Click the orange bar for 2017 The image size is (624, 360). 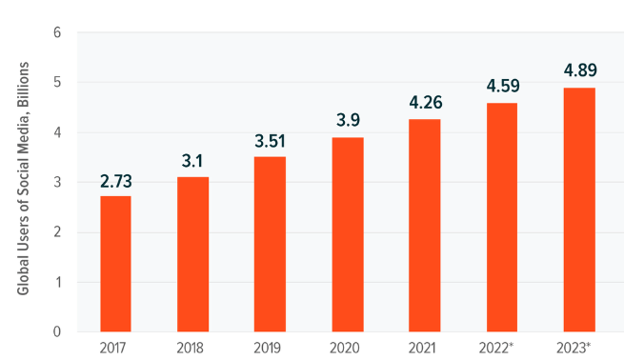115,264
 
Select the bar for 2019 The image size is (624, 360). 270,244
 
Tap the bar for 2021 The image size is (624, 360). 425,226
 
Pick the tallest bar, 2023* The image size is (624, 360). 579,210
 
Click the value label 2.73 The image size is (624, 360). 116,181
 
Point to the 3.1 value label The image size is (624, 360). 192,161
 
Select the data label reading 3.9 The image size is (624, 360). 348,120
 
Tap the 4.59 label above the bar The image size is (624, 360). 503,86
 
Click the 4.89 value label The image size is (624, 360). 580,70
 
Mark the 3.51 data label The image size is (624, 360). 270,141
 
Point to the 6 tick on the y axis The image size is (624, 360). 57,32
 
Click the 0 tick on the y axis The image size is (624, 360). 57,331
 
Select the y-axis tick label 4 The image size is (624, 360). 57,132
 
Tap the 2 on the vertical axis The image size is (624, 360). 57,232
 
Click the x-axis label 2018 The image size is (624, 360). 190,348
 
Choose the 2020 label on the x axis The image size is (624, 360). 345,348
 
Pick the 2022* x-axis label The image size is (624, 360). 495,348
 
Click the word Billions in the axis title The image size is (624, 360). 24,85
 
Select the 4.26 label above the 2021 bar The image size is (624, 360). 426,103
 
